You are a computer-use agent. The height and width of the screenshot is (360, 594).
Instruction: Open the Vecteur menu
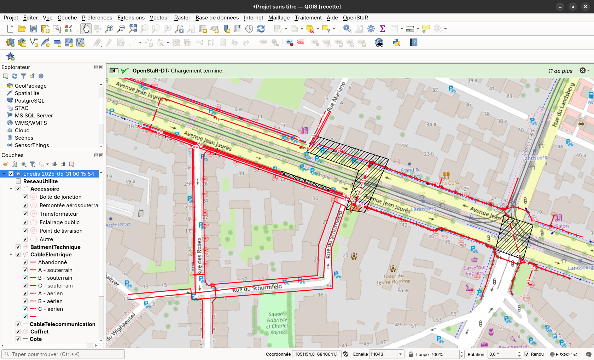click(159, 18)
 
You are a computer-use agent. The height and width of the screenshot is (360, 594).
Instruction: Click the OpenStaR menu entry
click(355, 18)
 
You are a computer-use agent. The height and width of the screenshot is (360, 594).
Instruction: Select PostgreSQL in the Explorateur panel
click(29, 101)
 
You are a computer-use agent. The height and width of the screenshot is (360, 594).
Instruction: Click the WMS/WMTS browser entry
click(30, 123)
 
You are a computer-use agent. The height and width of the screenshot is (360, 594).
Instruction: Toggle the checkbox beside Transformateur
click(25, 214)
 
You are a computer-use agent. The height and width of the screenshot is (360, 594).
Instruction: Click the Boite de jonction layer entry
click(60, 197)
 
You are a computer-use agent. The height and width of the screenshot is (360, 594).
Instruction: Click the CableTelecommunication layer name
click(62, 324)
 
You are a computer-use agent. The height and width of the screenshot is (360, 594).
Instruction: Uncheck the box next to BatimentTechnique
click(18, 247)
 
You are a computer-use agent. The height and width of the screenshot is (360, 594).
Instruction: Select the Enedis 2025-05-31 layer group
click(58, 174)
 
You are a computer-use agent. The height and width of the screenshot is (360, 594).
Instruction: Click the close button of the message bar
click(582, 71)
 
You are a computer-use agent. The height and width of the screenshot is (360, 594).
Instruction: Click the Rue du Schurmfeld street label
click(257, 288)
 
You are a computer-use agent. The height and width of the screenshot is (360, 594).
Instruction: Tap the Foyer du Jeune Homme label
click(394, 279)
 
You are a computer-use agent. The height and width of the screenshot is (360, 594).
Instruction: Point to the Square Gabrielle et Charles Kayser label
click(278, 323)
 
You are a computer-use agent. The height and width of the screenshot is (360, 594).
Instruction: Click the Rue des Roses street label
click(199, 255)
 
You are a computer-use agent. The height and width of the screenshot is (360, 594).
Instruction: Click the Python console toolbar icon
click(396, 43)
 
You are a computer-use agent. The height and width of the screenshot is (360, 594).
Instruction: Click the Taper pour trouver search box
click(64, 354)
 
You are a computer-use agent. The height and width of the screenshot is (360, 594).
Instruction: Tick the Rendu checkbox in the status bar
click(527, 354)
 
